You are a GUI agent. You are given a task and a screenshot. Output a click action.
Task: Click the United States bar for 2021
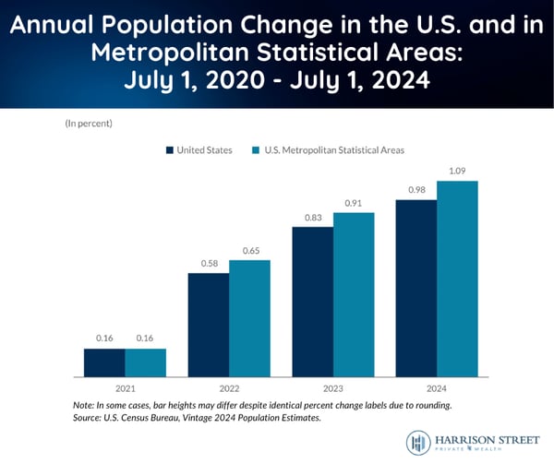pos(104,362)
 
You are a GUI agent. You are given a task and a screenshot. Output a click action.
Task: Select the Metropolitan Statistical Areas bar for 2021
pos(146,362)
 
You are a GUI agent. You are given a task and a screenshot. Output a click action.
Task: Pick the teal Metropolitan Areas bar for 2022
pos(249,318)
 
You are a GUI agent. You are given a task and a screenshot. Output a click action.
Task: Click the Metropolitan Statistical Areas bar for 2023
pos(354,294)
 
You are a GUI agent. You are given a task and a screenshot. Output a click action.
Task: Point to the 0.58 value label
pos(209,265)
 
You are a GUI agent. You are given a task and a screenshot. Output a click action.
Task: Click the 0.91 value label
pos(354,204)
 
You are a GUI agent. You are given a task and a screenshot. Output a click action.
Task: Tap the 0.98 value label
pos(416,191)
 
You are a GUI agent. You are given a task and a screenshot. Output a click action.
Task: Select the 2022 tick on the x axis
pos(229,389)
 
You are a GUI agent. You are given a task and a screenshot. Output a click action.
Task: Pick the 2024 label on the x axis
pos(437,389)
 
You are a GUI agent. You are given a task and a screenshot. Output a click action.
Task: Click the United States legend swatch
pos(170,149)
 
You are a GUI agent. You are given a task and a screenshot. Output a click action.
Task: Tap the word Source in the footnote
pos(87,417)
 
